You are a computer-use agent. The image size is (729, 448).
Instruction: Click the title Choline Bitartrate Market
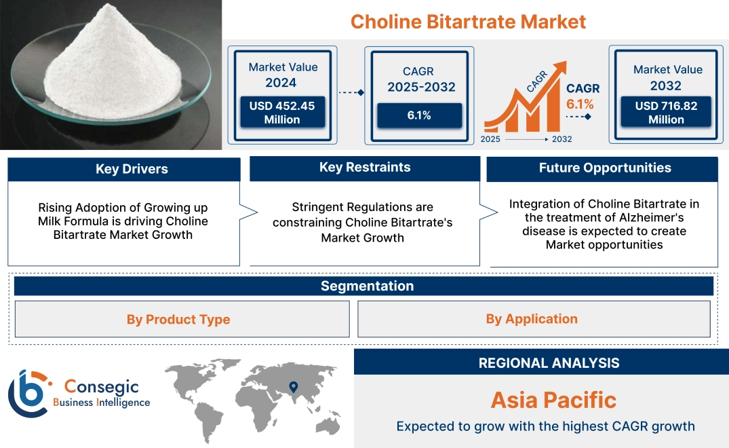[468, 21]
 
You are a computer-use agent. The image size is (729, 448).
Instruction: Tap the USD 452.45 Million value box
[281, 113]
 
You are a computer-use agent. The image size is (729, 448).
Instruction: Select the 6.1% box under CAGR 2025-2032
[418, 115]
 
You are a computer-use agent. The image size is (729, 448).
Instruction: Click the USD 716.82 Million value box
[666, 113]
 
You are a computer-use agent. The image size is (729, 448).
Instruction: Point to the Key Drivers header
[132, 169]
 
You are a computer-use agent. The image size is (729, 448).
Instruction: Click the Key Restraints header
[365, 168]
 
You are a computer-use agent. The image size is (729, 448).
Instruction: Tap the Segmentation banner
[367, 286]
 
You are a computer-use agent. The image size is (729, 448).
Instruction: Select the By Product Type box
[178, 319]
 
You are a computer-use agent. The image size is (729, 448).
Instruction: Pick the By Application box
[532, 319]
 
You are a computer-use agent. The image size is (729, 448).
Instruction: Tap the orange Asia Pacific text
[553, 400]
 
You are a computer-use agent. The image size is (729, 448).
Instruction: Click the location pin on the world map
[294, 387]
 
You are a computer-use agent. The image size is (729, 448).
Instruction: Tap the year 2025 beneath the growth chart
[491, 139]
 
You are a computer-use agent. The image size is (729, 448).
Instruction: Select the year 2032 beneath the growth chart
[561, 139]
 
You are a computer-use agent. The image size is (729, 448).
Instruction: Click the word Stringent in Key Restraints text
[317, 207]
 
